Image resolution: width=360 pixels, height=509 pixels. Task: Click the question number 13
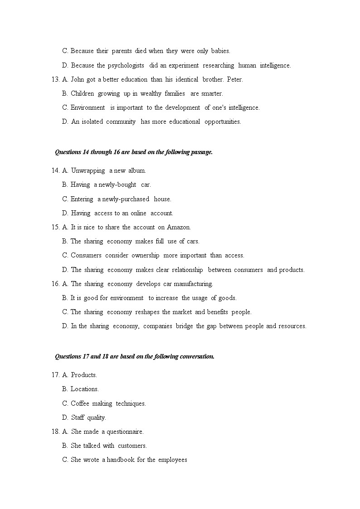[55, 80]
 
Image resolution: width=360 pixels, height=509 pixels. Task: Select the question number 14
[55, 171]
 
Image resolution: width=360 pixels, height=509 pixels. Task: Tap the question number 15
[55, 228]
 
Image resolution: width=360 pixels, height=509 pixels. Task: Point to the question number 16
[55, 284]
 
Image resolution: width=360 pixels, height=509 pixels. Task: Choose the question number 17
[55, 375]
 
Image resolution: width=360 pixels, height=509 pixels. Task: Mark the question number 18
[55, 432]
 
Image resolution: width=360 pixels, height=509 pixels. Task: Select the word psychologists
[126, 66]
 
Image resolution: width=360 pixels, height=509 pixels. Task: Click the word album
[137, 171]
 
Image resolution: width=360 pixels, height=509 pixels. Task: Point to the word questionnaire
[125, 432]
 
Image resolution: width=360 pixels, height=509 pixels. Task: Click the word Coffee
[80, 403]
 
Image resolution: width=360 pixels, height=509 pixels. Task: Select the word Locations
[85, 389]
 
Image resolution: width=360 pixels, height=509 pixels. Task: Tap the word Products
[84, 375]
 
